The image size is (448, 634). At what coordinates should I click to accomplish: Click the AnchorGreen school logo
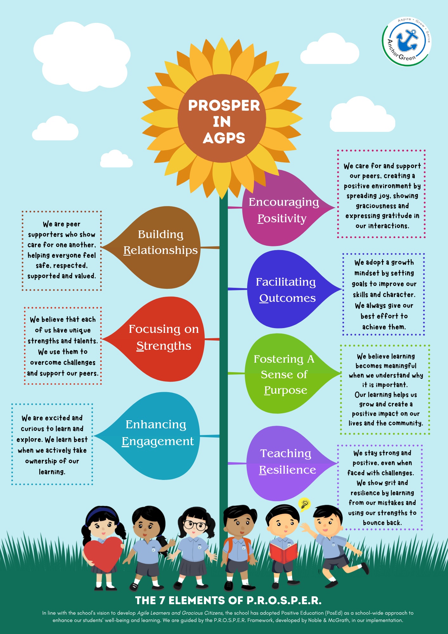coord(406,41)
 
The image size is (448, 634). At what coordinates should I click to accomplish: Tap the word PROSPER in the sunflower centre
coord(224,106)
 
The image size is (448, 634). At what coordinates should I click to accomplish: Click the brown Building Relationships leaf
coord(158,247)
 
